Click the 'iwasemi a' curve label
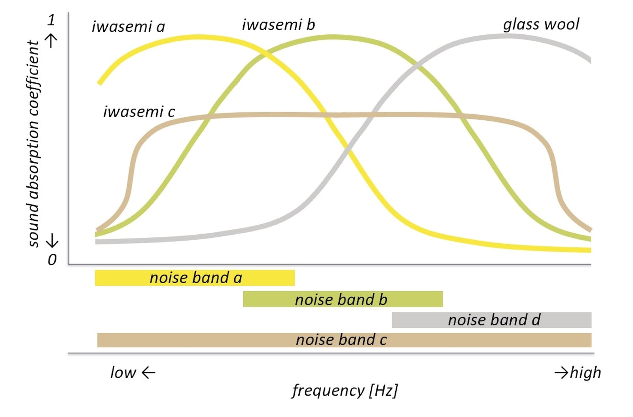(128, 27)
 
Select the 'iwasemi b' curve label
(279, 25)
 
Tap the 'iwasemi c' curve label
(139, 112)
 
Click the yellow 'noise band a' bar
(195, 278)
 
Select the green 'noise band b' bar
(343, 299)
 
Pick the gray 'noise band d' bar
(491, 320)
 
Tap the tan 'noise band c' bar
(344, 340)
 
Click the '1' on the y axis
(51, 20)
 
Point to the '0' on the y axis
(52, 260)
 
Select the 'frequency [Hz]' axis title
(345, 391)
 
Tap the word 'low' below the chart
(123, 373)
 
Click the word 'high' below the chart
(586, 373)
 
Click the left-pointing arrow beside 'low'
(148, 373)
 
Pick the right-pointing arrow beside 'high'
(561, 373)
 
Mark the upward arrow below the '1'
(51, 41)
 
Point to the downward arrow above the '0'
(52, 241)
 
